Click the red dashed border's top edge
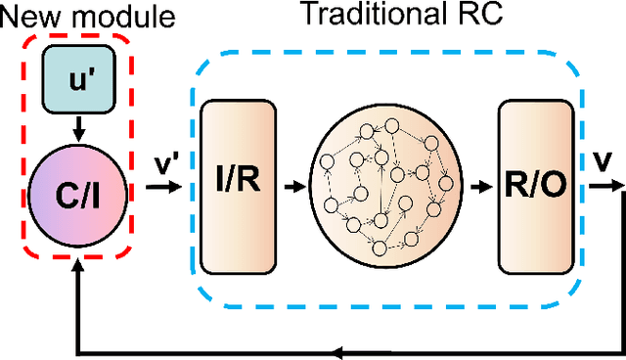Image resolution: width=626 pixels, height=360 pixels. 77,37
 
